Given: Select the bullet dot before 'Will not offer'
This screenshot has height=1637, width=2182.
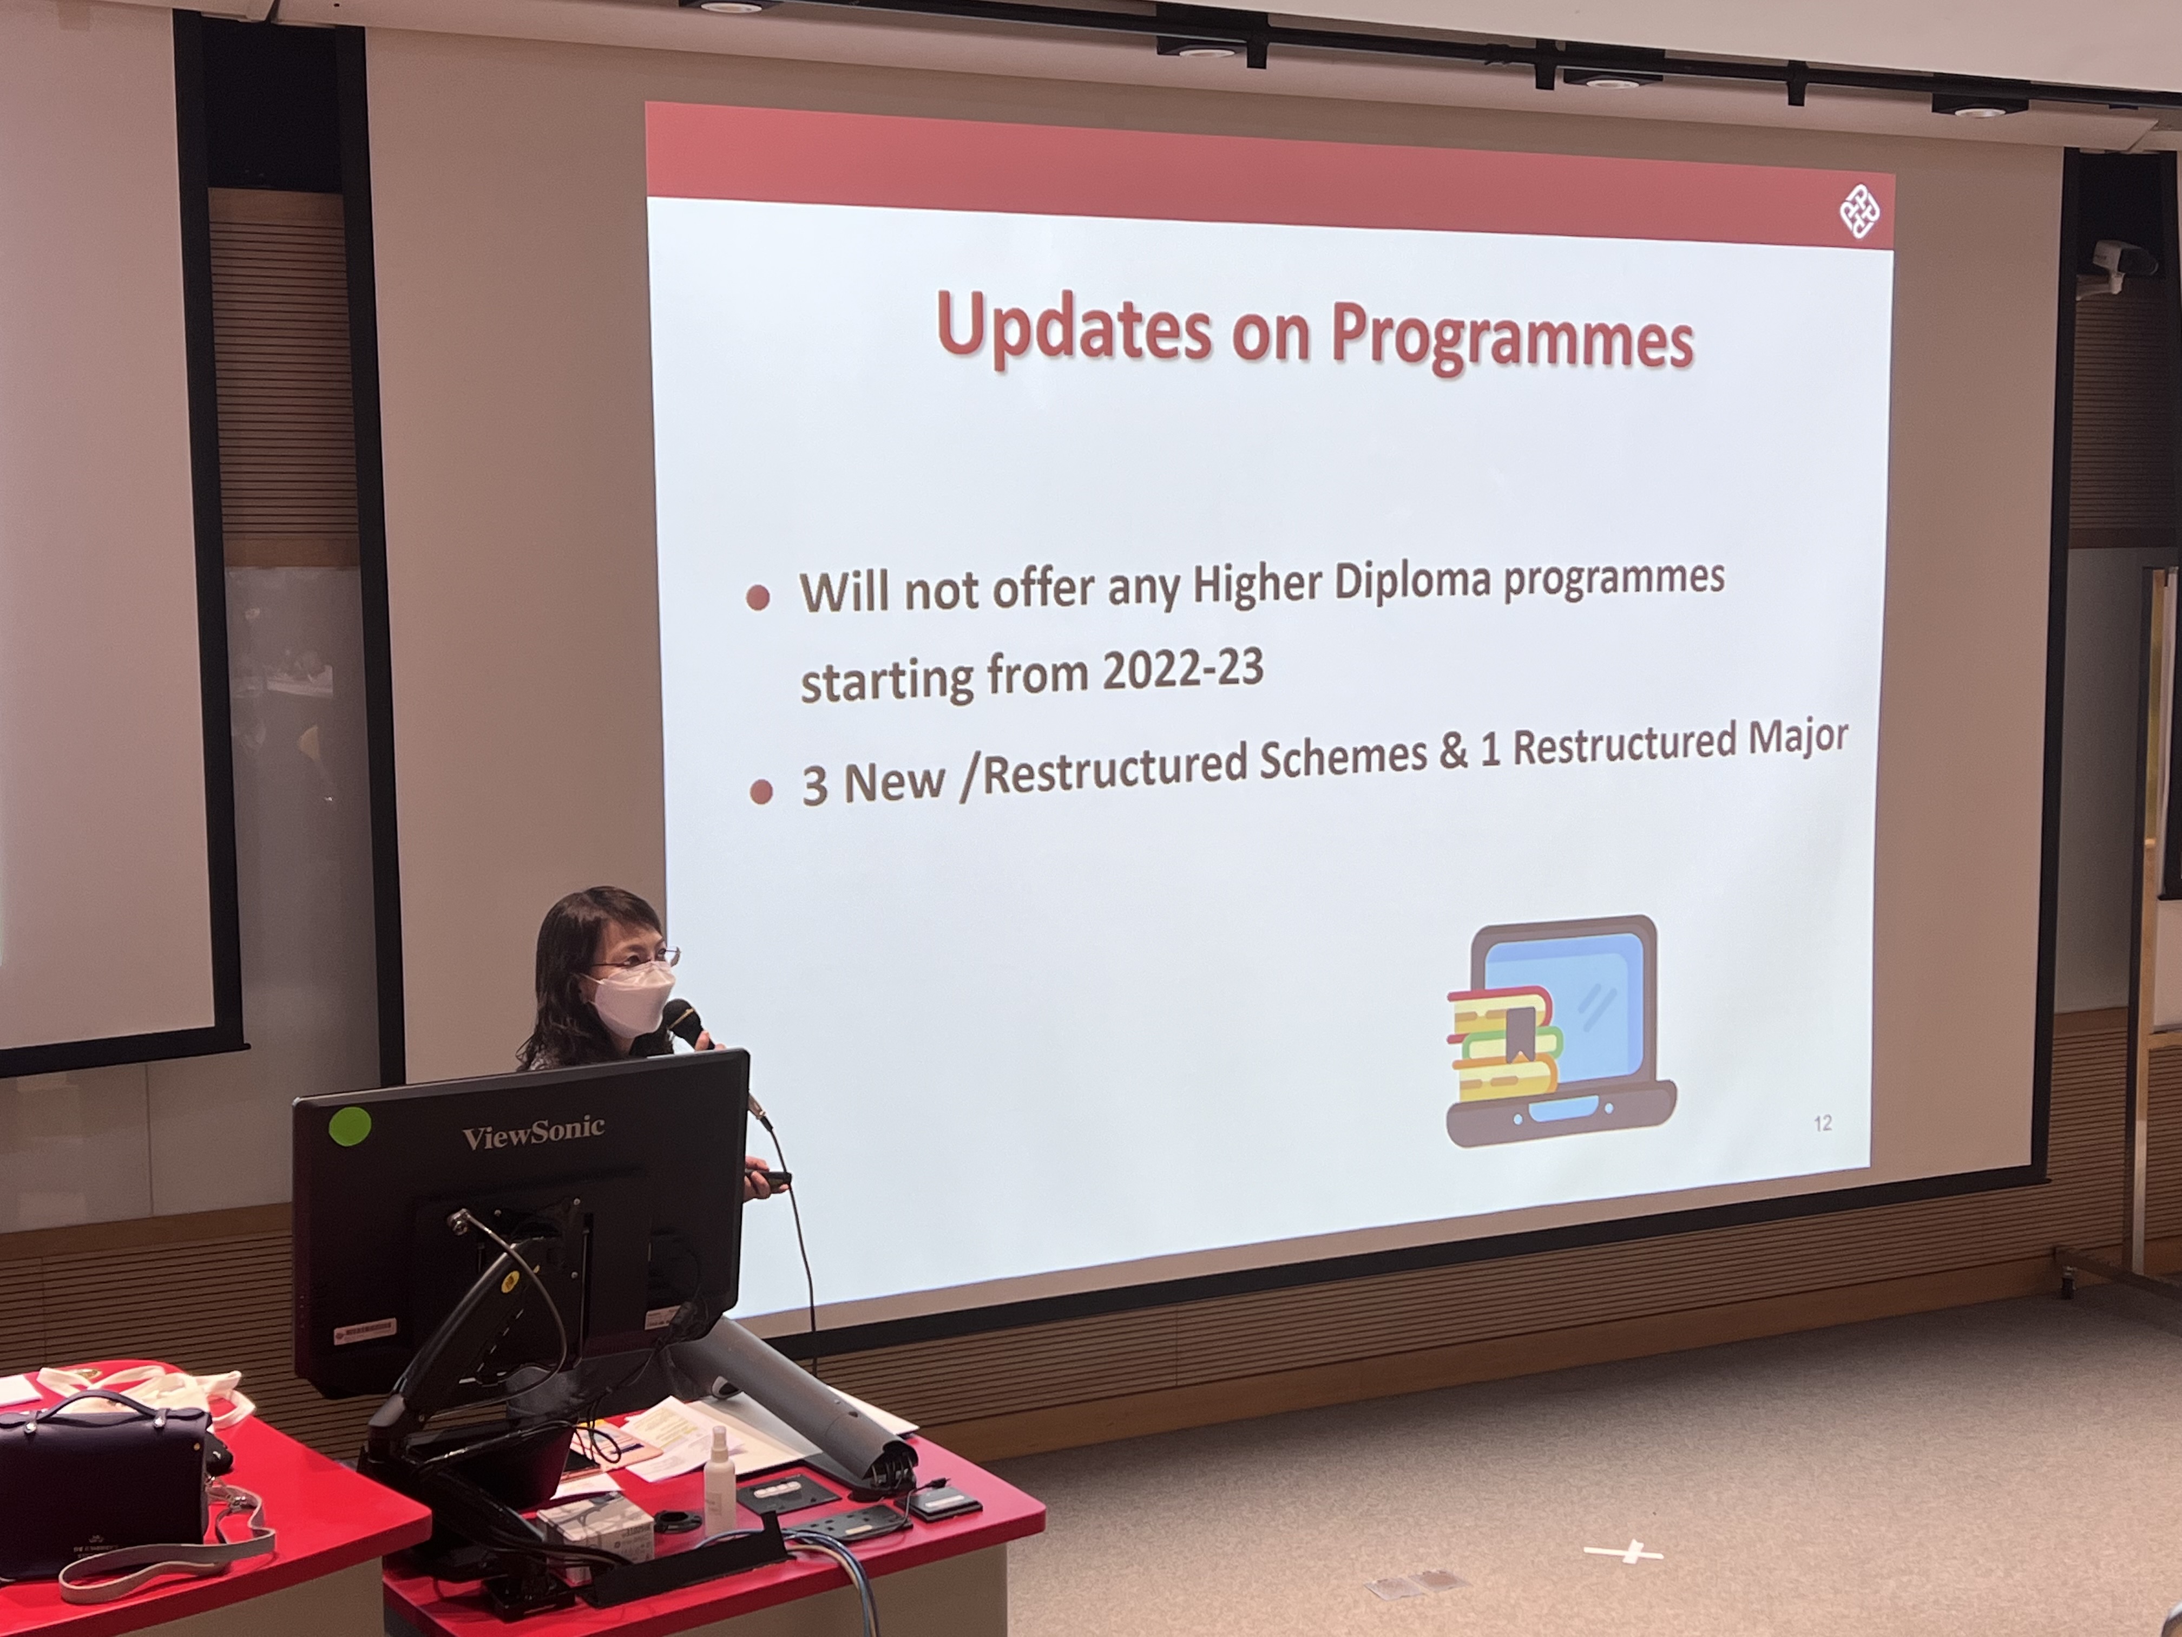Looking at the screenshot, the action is (x=758, y=598).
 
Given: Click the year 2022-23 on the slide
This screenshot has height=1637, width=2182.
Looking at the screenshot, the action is (x=1183, y=671).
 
